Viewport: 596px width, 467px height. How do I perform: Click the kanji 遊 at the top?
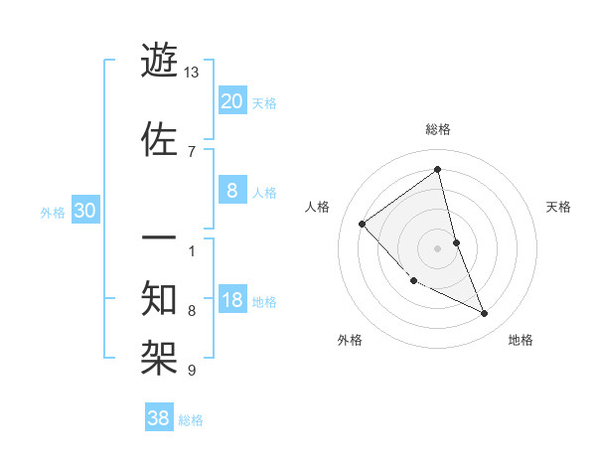[x=160, y=62]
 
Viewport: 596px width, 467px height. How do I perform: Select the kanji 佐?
[x=160, y=139]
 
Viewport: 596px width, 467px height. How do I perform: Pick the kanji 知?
[x=160, y=299]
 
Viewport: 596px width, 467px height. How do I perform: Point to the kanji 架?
[x=160, y=354]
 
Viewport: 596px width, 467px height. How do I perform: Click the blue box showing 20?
[x=231, y=101]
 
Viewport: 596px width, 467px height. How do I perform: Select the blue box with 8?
[x=231, y=192]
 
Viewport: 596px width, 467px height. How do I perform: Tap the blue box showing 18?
[x=231, y=301]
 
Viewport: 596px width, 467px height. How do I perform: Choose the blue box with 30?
[x=84, y=211]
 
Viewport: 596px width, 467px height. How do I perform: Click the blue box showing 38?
[x=159, y=419]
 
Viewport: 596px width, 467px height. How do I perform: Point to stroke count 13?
[x=192, y=73]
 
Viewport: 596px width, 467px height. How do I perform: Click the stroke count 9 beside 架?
[x=192, y=371]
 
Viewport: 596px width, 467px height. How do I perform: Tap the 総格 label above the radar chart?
[x=438, y=129]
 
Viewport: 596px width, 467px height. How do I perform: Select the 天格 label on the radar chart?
[x=559, y=207]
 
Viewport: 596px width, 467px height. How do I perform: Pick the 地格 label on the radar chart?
[x=521, y=340]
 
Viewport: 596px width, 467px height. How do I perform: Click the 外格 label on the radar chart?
[x=350, y=340]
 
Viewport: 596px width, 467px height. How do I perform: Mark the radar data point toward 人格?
[x=363, y=224]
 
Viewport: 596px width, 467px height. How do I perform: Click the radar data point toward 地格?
[x=485, y=314]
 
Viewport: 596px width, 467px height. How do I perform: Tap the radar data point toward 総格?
[x=438, y=170]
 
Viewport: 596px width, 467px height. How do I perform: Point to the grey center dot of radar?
[x=438, y=248]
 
